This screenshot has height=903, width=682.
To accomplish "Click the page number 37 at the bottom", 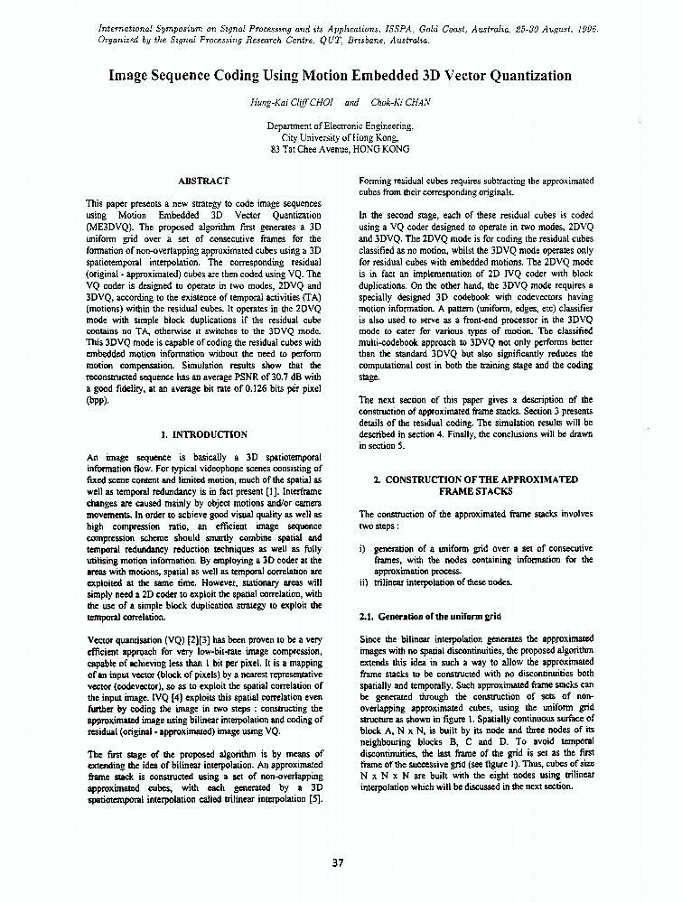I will [x=338, y=862].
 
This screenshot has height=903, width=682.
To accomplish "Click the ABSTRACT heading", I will [x=204, y=182].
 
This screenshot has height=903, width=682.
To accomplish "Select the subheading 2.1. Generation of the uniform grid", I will [x=430, y=616].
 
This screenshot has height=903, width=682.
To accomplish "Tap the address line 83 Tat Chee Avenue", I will [x=340, y=149].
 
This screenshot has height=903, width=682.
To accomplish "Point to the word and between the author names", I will [x=351, y=102].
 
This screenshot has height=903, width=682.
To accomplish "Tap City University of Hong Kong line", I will [x=340, y=138].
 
